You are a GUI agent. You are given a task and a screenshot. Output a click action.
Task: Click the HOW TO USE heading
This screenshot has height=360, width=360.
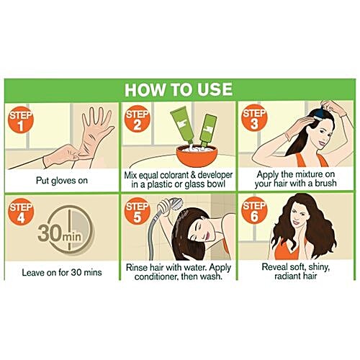coord(179,90)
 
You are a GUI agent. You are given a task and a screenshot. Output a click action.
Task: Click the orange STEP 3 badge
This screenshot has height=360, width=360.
coord(254,119)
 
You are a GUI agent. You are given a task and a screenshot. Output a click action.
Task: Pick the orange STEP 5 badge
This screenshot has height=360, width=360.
coord(138,212)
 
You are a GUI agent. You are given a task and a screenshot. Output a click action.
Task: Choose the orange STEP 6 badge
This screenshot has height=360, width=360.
coord(254,211)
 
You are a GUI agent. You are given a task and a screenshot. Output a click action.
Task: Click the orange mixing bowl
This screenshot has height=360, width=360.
coord(197,156)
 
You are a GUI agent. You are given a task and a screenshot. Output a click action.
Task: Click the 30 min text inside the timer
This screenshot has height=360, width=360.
coord(60,233)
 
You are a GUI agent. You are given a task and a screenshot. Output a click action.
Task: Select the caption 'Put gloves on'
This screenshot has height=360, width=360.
coord(62,181)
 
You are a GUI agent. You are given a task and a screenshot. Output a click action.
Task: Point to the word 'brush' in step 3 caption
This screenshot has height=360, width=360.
coord(325,184)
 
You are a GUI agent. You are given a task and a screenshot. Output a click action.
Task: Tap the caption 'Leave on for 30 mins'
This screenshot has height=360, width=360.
coord(62,272)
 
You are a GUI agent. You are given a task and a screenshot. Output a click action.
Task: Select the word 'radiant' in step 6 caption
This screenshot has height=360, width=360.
coord(287,276)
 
